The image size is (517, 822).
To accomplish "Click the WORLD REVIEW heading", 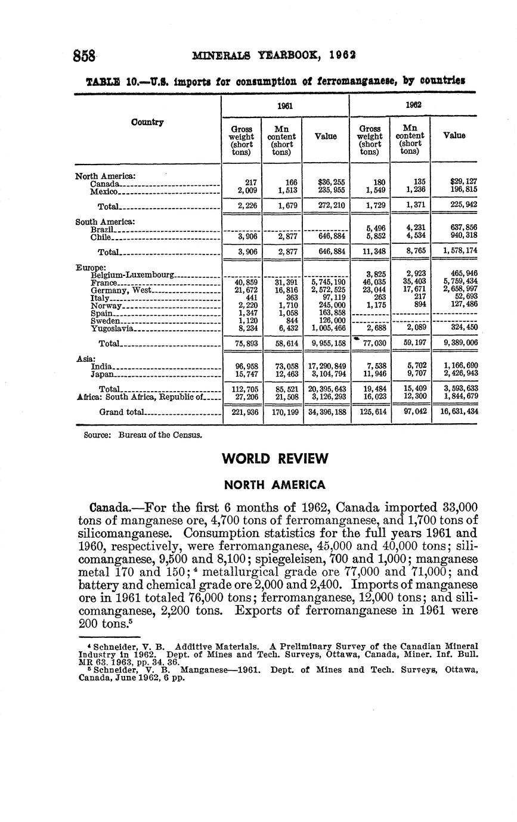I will (x=275, y=458).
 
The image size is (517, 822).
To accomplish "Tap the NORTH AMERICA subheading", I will (x=274, y=485).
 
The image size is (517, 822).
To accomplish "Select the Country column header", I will (x=147, y=122).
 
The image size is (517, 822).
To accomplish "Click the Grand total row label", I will (x=121, y=412).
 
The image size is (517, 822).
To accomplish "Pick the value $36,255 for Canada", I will (x=325, y=181).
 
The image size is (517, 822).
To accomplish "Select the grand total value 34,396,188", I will (x=325, y=412).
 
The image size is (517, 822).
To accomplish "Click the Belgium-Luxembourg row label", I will (x=132, y=274).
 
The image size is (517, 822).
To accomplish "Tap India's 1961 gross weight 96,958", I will (x=246, y=365).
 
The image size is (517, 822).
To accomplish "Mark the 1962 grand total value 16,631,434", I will (x=456, y=412).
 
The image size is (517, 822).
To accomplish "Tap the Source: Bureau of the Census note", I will (x=143, y=435).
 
